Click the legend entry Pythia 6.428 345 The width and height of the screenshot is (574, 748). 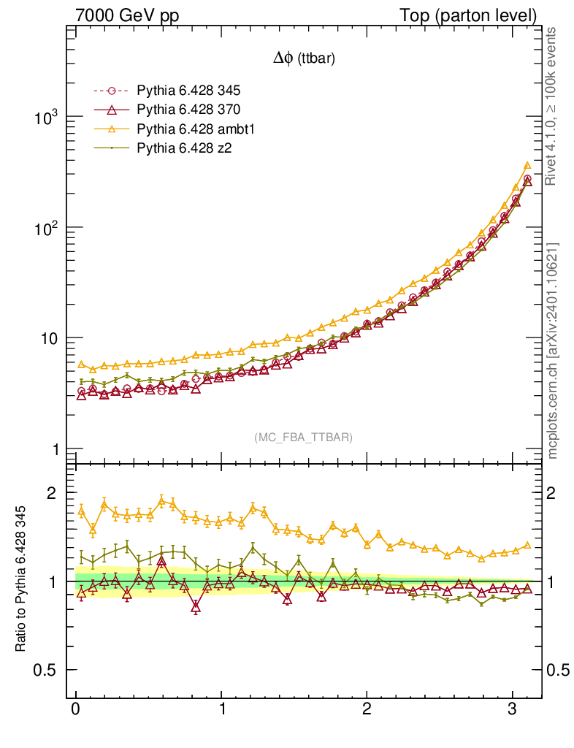pyautogui.click(x=188, y=91)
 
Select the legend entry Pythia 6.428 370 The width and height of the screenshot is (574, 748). pyautogui.click(x=188, y=110)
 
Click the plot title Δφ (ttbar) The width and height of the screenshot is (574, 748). pyautogui.click(x=304, y=59)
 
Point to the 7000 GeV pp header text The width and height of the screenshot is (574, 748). pyautogui.click(x=127, y=15)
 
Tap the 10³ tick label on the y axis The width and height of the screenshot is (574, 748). pyautogui.click(x=46, y=118)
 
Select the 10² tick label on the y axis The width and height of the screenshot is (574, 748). pyautogui.click(x=46, y=228)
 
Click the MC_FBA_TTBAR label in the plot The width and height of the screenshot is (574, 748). pyautogui.click(x=304, y=437)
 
